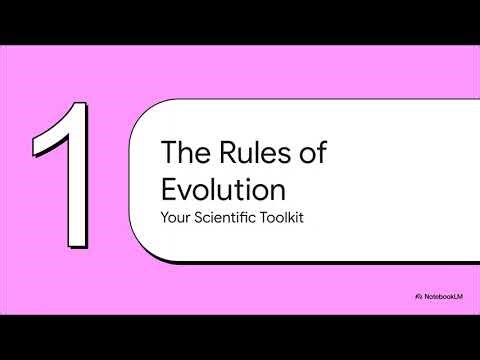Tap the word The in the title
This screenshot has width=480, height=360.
click(x=184, y=155)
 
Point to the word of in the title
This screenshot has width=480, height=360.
click(x=313, y=155)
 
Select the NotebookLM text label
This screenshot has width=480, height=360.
click(x=443, y=297)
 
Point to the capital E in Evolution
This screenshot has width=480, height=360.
click(x=169, y=188)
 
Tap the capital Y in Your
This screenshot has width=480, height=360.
click(x=165, y=217)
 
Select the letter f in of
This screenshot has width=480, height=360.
click(x=322, y=155)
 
